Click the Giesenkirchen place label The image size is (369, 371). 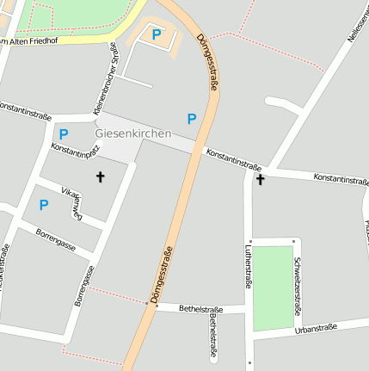pos(132,133)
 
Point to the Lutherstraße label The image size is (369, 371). pos(249,266)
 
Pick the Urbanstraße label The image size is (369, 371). pos(315,329)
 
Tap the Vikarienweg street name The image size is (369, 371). pos(74,201)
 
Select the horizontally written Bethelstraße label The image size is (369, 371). pos(201,308)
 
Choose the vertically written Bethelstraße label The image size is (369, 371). pos(213,337)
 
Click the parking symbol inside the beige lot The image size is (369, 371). pos(156,34)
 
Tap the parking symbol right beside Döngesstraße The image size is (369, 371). pos(191,118)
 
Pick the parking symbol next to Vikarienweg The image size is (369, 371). pos(43,204)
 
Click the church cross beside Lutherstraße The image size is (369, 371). pos(260,180)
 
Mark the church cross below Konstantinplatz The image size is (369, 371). pos(100,177)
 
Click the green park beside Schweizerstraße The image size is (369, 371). pos(273,288)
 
